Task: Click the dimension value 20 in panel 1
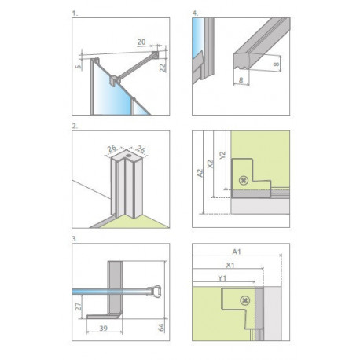pos(141,42)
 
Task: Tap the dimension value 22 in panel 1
pos(163,68)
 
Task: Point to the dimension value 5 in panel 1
pos(78,66)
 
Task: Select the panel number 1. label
pos(75,13)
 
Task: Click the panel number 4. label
pos(195,13)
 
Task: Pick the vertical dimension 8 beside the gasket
pos(276,64)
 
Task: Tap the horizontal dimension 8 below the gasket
pos(241,80)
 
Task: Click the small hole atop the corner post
pos(128,156)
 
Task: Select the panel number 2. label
pos(75,126)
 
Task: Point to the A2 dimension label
pos(200,173)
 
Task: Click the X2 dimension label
pos(210,164)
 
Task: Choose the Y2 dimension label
pos(222,155)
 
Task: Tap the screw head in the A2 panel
pos(244,180)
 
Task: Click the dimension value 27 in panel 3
pos(79,307)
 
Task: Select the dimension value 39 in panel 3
pos(104,328)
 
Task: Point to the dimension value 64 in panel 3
pos(161,327)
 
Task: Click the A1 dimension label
pos(237,252)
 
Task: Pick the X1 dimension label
pos(230,266)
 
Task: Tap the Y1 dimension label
pos(222,278)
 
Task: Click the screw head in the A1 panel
pos(244,300)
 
